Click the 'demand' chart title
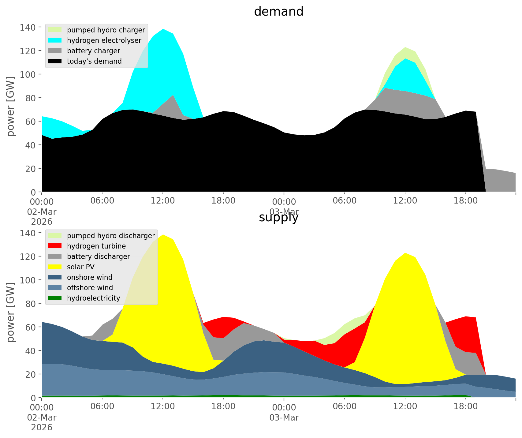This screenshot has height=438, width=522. (x=278, y=12)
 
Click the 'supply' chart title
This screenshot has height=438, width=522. (x=278, y=217)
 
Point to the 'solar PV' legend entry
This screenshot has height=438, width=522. (x=80, y=267)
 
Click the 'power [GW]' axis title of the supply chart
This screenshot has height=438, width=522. (x=11, y=312)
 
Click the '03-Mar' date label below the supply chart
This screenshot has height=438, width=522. (x=284, y=417)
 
